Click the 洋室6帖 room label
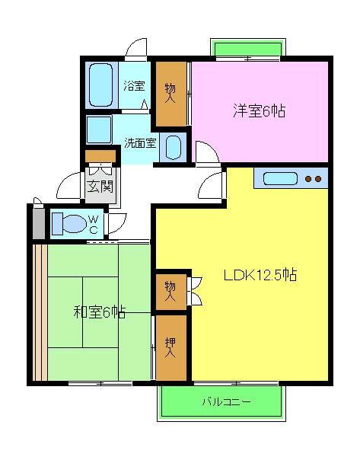coord(259,111)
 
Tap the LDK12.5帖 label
coord(260,276)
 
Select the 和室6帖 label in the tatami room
coord(100,312)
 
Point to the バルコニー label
coord(225,401)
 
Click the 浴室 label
coord(134,86)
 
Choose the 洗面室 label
coord(140,142)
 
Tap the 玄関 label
coord(100,185)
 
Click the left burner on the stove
coord(309,180)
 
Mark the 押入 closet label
coord(170,348)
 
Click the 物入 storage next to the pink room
coord(171,92)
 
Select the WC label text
coord(93,224)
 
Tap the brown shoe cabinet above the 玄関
coord(100,157)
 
